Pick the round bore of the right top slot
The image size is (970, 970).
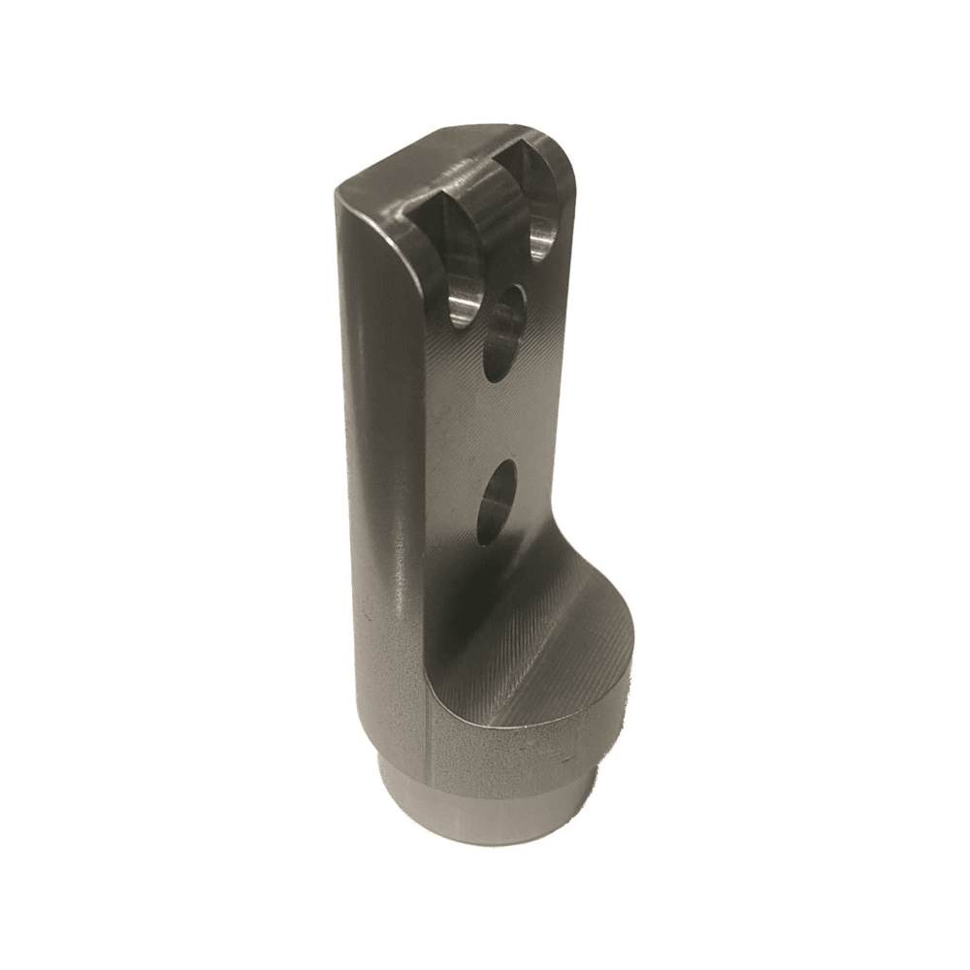[544, 233]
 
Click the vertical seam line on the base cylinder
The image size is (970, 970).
[428, 737]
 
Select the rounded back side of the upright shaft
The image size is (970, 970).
[378, 436]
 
